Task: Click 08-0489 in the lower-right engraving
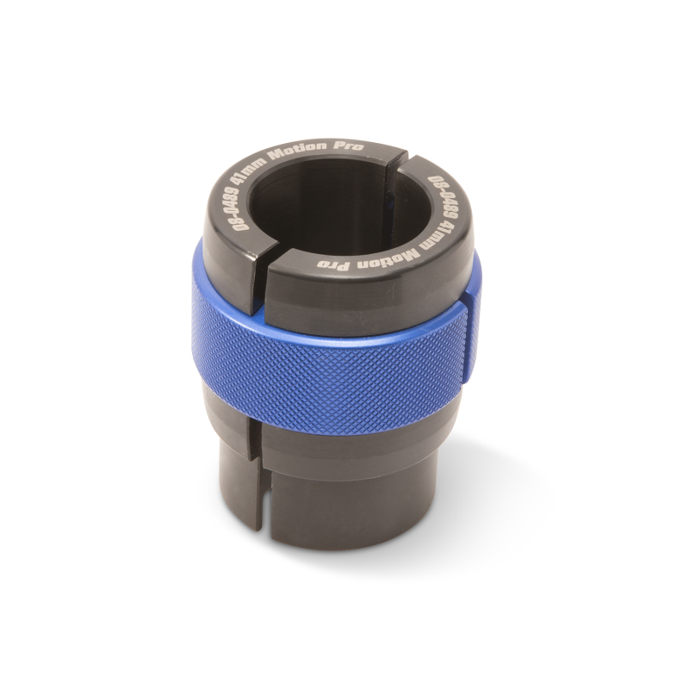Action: (440, 202)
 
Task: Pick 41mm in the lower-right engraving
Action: (431, 241)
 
